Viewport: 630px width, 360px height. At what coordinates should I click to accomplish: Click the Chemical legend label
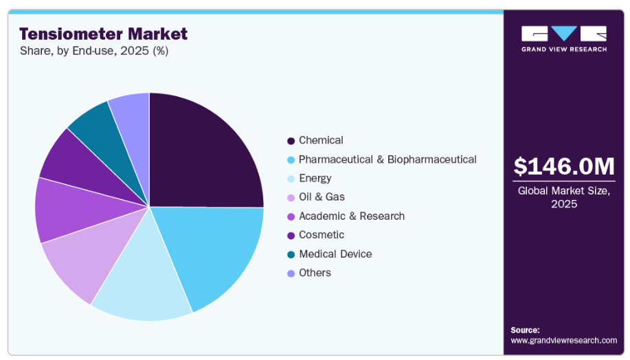(321, 140)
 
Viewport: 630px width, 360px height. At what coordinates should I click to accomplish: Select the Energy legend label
(315, 178)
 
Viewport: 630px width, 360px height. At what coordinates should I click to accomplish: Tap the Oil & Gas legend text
(322, 197)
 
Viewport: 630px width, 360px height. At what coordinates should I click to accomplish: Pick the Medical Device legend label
(335, 254)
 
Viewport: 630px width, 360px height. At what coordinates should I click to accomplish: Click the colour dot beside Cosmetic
(291, 236)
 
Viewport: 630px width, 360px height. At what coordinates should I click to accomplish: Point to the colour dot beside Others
(291, 273)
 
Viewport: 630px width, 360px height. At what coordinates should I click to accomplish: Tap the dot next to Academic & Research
(291, 216)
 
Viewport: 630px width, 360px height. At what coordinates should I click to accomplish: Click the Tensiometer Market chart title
(103, 34)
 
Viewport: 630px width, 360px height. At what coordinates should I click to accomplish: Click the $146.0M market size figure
(563, 166)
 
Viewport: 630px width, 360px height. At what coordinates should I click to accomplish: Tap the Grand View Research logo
(563, 38)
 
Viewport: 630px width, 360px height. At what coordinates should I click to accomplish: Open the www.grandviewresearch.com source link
(563, 340)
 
